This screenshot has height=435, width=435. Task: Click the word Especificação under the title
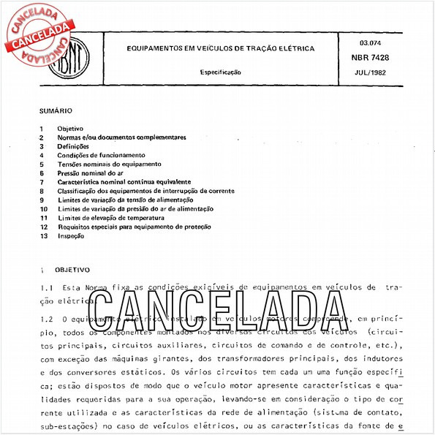pyautogui.click(x=221, y=72)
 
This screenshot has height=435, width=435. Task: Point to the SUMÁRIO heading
pyautogui.click(x=56, y=111)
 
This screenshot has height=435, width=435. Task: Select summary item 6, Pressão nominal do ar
pyautogui.click(x=91, y=173)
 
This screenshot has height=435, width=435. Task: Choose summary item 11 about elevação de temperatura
pyautogui.click(x=111, y=218)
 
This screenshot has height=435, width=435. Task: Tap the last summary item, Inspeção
pyautogui.click(x=71, y=236)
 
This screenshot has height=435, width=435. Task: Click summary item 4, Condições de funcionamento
pyautogui.click(x=101, y=155)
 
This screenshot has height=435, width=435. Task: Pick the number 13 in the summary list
pyautogui.click(x=44, y=236)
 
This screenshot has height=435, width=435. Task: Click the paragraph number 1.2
pyautogui.click(x=46, y=319)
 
